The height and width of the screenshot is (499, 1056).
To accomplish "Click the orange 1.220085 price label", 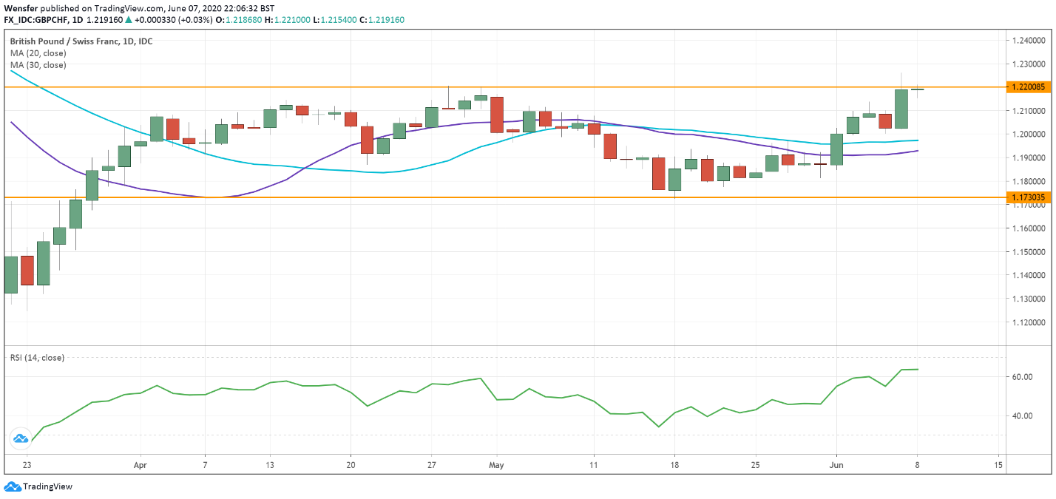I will tap(1029, 87).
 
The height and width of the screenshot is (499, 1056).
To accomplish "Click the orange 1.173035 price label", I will tap(1029, 197).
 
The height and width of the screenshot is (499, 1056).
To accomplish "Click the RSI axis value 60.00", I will tap(1022, 377).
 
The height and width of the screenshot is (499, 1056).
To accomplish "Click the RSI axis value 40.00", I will tap(1022, 415).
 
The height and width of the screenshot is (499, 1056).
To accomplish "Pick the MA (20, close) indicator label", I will tap(38, 53).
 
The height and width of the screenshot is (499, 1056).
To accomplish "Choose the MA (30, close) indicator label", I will tap(38, 65).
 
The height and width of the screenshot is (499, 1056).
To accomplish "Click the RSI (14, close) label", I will tap(37, 358).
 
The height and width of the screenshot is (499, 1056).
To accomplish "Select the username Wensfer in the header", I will tap(21, 8).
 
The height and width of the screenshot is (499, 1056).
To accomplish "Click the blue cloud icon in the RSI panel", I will tap(20, 439).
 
